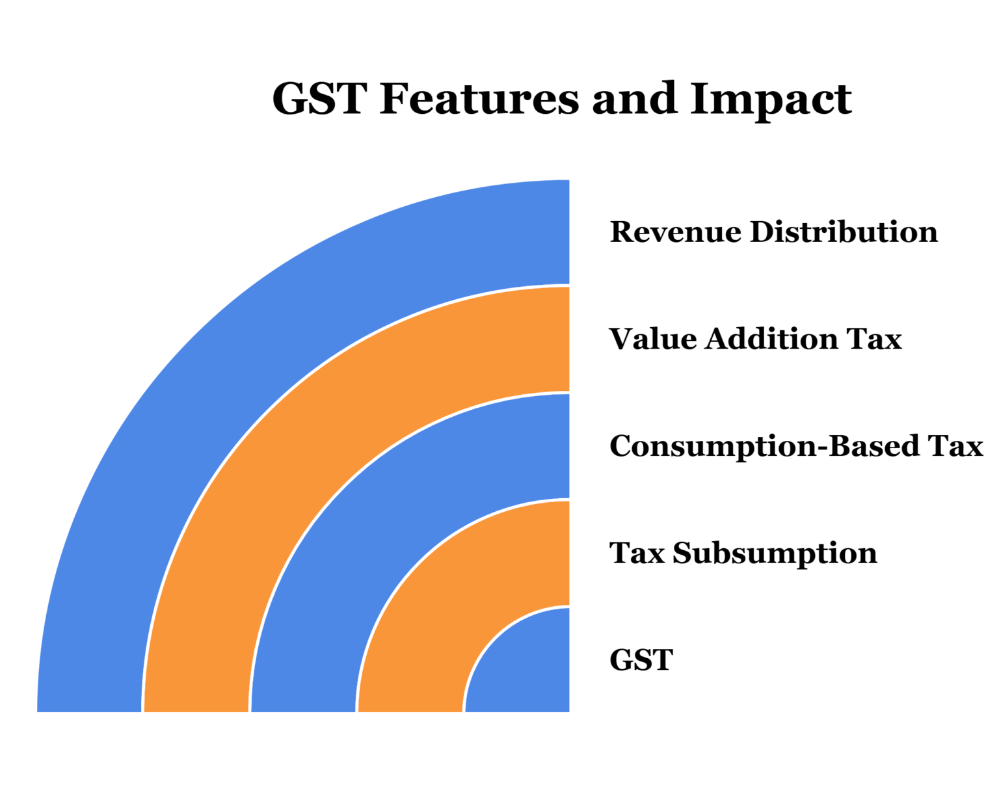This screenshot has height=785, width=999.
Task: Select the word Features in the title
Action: point(479,99)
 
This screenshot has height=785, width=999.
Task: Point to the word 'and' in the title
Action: point(625,99)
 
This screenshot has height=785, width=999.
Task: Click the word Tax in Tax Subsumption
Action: point(637,553)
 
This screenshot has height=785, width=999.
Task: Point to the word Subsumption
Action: point(775,553)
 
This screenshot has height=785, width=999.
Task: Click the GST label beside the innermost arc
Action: point(641,660)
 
